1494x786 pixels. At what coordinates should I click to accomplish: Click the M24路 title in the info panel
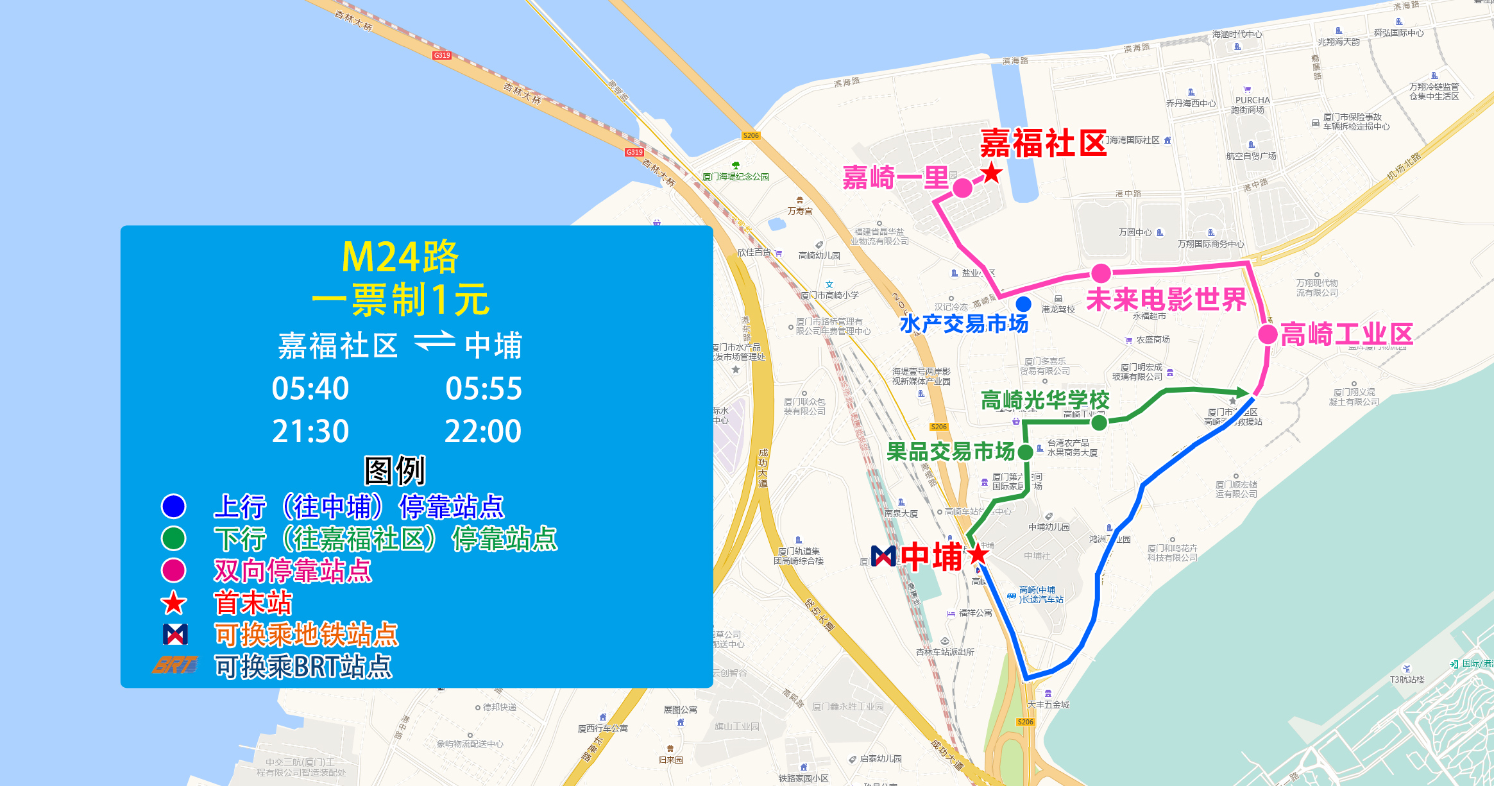pos(400,257)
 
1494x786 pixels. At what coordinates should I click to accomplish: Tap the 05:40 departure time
pos(310,389)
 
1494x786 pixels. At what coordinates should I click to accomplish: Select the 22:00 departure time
pos(483,431)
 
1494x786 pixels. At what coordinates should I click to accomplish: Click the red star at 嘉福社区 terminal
pos(992,173)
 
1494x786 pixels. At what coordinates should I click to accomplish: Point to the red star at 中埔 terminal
pos(978,554)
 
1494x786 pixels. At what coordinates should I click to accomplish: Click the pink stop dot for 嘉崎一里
pos(962,188)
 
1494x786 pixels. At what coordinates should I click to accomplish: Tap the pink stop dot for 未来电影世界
pos(1101,273)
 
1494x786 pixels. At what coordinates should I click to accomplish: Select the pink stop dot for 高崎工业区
pos(1268,334)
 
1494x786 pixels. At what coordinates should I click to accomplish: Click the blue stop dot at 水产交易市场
pos(1023,303)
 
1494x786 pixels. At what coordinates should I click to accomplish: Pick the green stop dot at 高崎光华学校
pos(1099,422)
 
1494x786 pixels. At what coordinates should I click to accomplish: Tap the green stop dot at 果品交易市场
pos(1025,452)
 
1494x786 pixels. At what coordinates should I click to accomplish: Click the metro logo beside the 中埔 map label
pos(883,556)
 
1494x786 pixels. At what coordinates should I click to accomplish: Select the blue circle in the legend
pos(174,506)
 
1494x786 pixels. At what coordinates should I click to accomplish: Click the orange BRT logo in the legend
pos(174,665)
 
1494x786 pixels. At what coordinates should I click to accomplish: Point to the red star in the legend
pos(174,603)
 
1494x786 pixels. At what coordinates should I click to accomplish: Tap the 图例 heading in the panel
pos(395,471)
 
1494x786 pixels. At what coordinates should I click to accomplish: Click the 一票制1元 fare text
pos(400,300)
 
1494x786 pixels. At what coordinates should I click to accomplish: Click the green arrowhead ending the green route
pos(1241,391)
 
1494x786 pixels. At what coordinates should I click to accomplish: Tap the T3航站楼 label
pos(1407,679)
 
